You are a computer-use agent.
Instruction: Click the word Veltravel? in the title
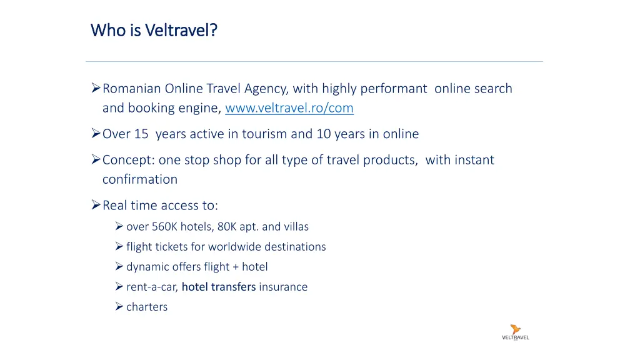(x=181, y=30)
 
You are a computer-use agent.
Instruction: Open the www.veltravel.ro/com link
(x=289, y=108)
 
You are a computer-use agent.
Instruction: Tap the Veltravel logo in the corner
(x=515, y=332)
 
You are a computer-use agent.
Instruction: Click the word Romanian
(x=132, y=89)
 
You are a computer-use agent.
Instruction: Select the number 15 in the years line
(x=141, y=134)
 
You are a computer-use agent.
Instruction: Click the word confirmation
(x=139, y=179)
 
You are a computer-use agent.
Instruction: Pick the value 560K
(x=164, y=227)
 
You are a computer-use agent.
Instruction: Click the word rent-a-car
(x=152, y=287)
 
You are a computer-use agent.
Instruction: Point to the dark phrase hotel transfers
(x=219, y=287)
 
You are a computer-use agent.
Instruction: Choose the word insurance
(x=283, y=287)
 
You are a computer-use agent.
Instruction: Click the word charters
(x=147, y=307)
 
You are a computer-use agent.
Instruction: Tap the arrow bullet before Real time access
(x=96, y=205)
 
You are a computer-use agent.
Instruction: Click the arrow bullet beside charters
(x=119, y=307)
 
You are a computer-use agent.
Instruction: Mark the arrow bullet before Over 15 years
(x=96, y=134)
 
